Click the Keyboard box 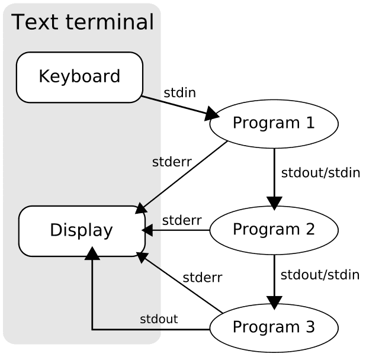tap(79, 77)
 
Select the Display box tap(82, 230)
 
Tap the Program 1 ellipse tap(274, 123)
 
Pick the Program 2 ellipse tap(274, 229)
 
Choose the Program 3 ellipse tap(274, 326)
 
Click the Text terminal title tap(82, 22)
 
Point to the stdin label tap(179, 93)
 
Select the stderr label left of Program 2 tap(181, 220)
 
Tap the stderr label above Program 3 tap(202, 277)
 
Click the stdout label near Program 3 tap(159, 320)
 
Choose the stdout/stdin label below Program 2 tap(320, 275)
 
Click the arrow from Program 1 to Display tap(184, 176)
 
